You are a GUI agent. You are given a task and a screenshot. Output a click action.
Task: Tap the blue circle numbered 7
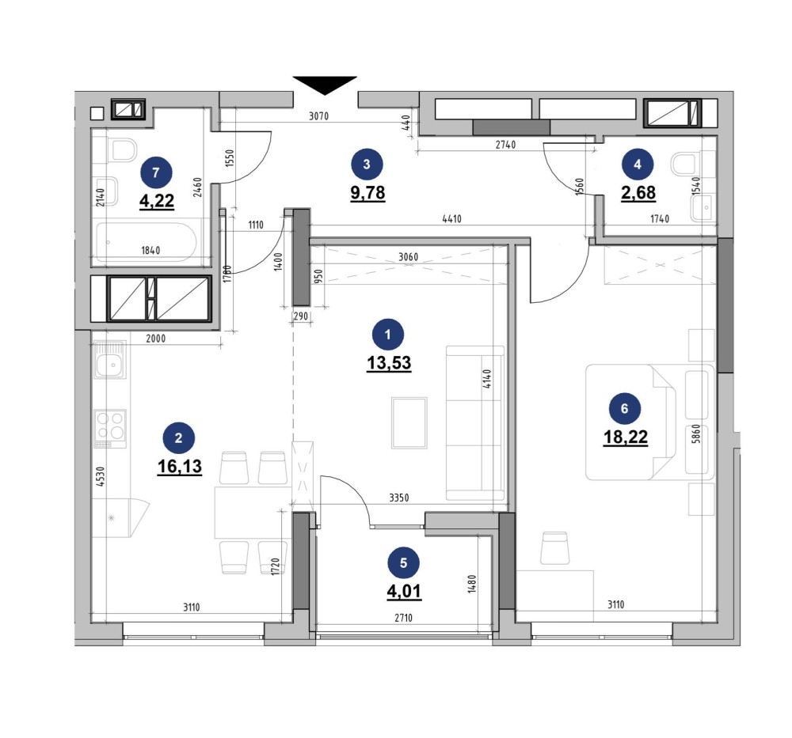(155, 171)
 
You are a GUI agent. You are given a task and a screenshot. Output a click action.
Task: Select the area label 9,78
(367, 192)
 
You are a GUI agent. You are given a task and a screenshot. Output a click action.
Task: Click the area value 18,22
(626, 437)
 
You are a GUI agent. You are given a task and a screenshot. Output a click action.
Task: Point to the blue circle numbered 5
(404, 562)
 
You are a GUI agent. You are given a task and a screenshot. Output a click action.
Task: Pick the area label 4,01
(404, 590)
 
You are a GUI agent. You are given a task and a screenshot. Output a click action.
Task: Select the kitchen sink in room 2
(109, 365)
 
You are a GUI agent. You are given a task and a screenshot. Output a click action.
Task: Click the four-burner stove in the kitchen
(110, 425)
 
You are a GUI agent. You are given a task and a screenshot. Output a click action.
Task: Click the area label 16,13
(180, 466)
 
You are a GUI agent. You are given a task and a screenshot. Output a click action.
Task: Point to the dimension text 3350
(404, 498)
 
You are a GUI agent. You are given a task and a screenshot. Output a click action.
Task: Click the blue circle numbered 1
(388, 335)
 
